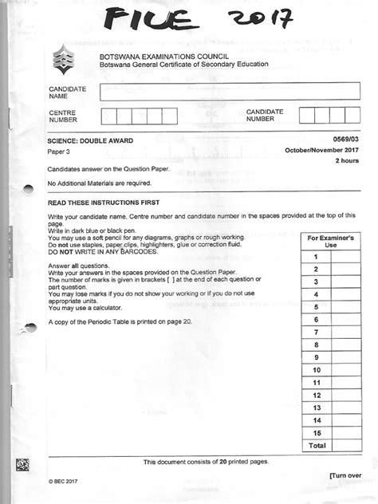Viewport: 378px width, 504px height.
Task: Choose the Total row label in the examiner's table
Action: [317, 444]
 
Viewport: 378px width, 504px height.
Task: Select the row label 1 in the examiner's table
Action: [316, 256]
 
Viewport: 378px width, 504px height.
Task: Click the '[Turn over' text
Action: [345, 474]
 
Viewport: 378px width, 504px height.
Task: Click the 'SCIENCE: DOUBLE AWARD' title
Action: [90, 141]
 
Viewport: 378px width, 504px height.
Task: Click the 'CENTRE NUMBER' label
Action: [63, 116]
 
